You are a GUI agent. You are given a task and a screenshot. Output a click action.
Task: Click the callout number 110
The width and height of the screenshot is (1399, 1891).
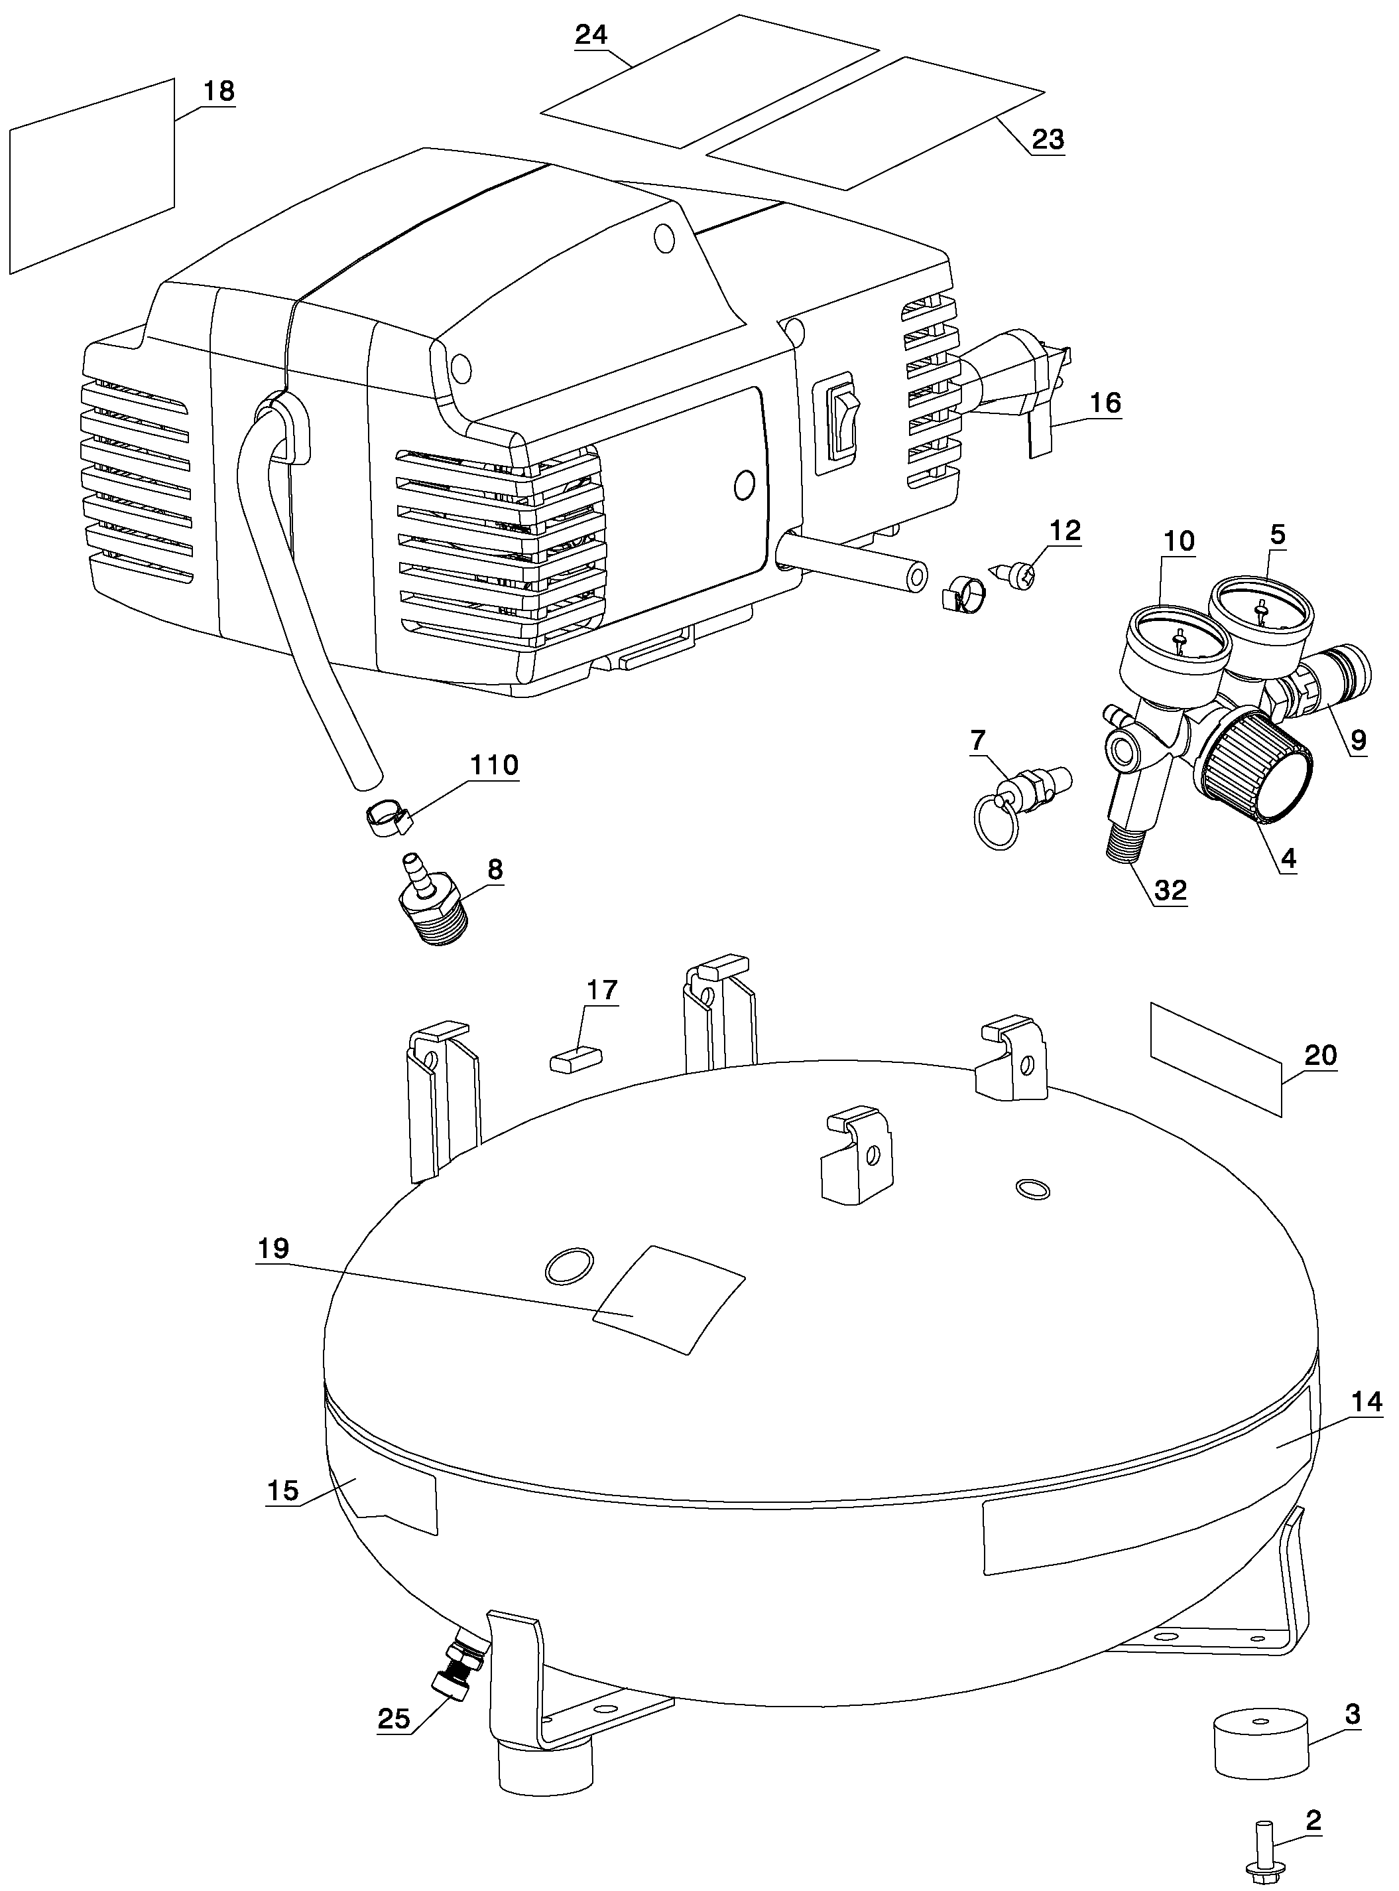point(494,765)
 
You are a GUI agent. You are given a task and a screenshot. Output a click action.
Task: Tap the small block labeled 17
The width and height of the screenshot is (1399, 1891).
point(576,1059)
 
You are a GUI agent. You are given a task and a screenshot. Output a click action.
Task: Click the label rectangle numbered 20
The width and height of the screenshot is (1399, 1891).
point(1215,1058)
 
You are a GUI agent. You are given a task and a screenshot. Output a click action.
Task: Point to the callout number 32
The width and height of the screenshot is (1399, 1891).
point(1171,890)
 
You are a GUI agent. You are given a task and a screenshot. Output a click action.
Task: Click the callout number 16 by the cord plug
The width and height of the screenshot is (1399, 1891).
point(1105,403)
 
